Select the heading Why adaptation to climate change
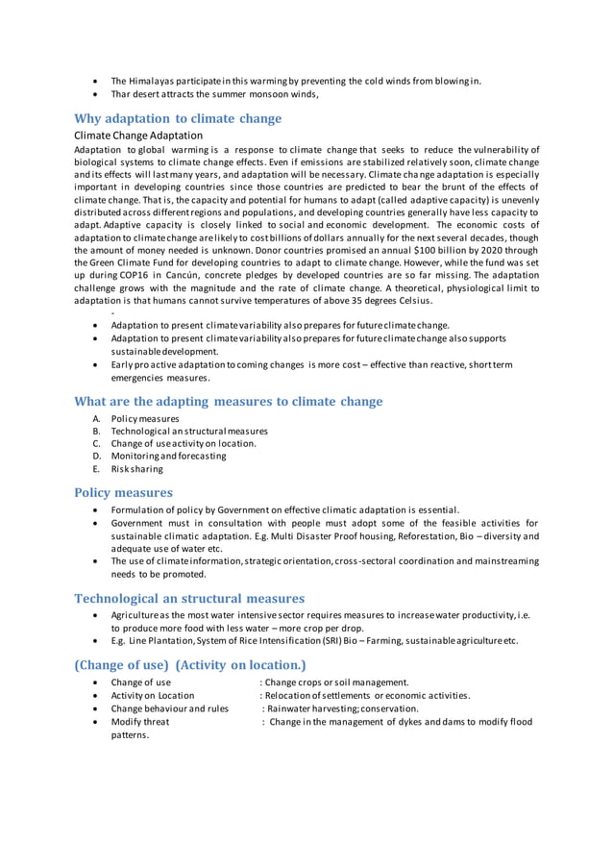click(x=178, y=119)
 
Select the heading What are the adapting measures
click(x=228, y=401)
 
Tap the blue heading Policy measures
click(x=123, y=492)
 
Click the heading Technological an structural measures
click(x=189, y=598)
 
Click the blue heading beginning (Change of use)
click(x=190, y=664)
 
